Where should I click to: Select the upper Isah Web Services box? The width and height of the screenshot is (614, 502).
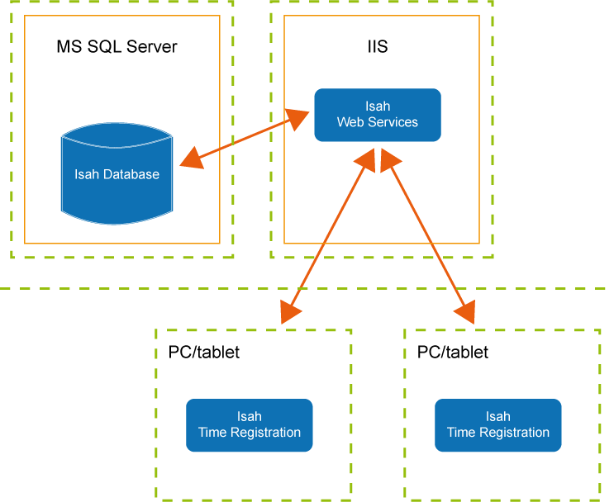[x=377, y=115]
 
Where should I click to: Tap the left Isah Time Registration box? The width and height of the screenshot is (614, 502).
[x=249, y=425]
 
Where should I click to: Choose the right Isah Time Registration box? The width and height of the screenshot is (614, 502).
[x=497, y=425]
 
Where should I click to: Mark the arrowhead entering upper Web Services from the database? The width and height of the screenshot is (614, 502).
[x=298, y=117]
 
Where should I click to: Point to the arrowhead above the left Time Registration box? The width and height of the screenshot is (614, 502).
[x=291, y=312]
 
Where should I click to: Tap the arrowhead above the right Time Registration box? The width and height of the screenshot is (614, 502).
[x=465, y=312]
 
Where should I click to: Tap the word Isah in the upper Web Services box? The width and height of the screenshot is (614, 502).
[x=377, y=107]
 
